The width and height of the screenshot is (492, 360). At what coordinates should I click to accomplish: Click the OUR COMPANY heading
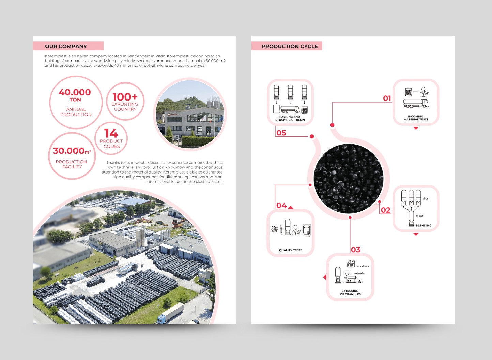(x=66, y=46)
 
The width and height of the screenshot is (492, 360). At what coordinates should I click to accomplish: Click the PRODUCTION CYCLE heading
(x=290, y=46)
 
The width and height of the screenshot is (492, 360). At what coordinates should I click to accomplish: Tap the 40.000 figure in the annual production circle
(x=75, y=92)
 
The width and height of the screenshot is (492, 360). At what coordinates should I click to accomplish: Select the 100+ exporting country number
(x=125, y=97)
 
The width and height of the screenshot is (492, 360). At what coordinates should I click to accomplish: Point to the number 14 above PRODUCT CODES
(x=111, y=133)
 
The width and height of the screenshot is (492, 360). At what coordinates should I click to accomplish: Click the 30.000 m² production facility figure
(x=72, y=151)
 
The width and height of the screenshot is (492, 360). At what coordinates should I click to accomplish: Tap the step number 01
(x=387, y=98)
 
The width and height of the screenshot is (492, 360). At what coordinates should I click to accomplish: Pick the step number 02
(x=385, y=210)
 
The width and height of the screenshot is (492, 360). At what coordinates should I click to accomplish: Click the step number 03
(x=356, y=250)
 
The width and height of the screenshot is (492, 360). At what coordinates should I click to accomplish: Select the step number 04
(x=281, y=205)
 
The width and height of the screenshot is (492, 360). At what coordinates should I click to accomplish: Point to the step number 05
(x=281, y=133)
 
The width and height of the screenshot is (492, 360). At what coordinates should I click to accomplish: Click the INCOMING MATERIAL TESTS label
(x=416, y=118)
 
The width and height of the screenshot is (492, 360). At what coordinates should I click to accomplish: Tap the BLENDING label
(x=424, y=225)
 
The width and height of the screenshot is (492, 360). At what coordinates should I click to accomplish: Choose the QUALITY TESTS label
(x=291, y=250)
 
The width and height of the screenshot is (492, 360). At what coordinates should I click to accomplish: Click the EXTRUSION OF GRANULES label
(x=350, y=292)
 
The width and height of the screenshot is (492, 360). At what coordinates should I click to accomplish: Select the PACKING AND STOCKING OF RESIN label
(x=290, y=118)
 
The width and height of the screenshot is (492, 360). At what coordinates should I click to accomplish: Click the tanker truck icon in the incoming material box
(x=416, y=103)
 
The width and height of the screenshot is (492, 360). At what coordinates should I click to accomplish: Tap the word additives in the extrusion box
(x=363, y=266)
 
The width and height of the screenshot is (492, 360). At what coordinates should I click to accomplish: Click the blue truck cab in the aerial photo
(x=161, y=318)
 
